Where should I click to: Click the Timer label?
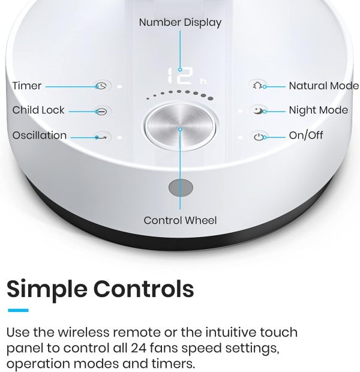click(x=27, y=86)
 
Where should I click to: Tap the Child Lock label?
click(x=38, y=110)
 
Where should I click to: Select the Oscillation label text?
click(x=40, y=135)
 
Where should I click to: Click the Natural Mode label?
click(x=323, y=86)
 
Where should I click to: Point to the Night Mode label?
click(x=318, y=110)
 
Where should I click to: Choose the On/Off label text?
click(x=306, y=135)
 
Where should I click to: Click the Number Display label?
click(x=180, y=23)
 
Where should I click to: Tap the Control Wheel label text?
click(x=180, y=220)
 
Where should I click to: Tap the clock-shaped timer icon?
click(x=101, y=86)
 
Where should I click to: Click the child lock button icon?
click(x=101, y=111)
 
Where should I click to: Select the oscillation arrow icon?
click(x=101, y=137)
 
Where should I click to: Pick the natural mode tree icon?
click(x=257, y=85)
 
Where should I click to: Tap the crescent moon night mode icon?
click(x=258, y=110)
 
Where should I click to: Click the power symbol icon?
click(x=259, y=137)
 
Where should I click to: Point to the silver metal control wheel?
click(x=180, y=127)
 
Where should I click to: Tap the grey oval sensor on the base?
click(x=181, y=188)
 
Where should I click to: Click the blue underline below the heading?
click(x=18, y=310)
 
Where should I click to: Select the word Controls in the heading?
click(x=143, y=290)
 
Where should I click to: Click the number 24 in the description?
click(x=139, y=348)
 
